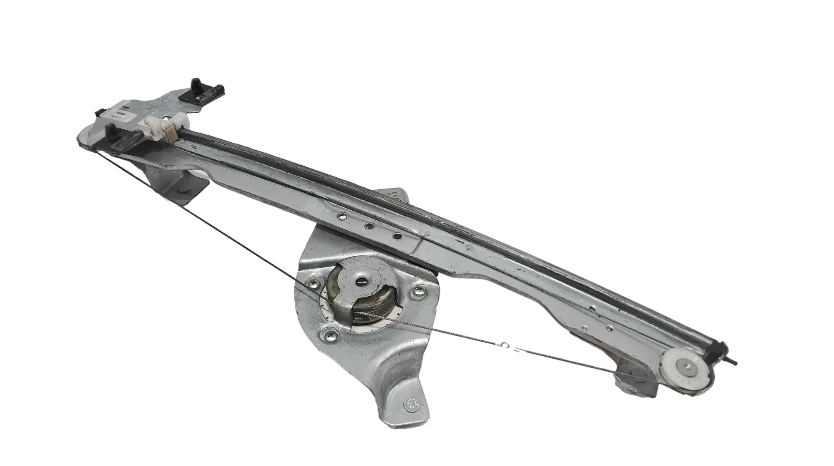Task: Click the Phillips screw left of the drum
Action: pos(312,283)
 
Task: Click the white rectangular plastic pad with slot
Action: pos(119,113)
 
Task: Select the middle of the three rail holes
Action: pos(369,226)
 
